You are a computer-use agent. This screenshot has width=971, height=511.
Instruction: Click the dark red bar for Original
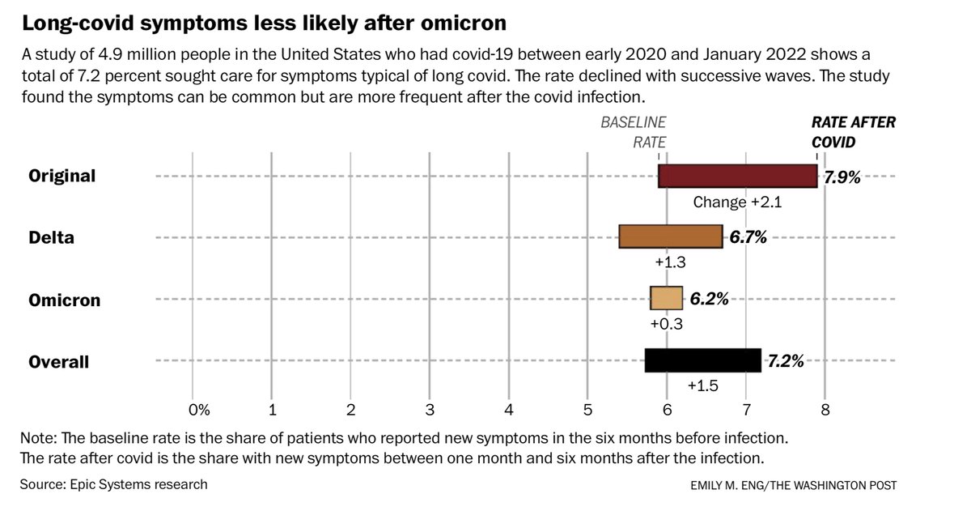tap(738, 176)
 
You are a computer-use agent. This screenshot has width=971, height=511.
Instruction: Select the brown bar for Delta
tap(670, 236)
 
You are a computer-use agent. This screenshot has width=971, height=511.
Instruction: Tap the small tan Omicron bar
tap(666, 298)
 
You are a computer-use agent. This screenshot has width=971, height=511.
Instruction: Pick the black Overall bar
tap(702, 360)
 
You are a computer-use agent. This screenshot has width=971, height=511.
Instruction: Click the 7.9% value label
tap(842, 176)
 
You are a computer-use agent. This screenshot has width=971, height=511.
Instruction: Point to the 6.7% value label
tap(747, 237)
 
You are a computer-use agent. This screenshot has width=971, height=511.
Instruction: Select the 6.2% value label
tap(709, 299)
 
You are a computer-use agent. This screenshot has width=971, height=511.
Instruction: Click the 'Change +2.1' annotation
tap(736, 202)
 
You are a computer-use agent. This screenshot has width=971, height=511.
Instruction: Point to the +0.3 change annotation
tap(666, 325)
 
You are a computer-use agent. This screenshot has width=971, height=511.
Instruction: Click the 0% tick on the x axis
tap(198, 411)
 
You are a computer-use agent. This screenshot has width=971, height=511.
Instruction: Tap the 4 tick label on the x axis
tap(509, 411)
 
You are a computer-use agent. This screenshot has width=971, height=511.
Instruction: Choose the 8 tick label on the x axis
tap(825, 411)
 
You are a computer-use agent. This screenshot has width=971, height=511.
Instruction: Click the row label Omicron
tap(65, 300)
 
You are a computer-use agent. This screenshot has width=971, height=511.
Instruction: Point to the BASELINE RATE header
tap(633, 132)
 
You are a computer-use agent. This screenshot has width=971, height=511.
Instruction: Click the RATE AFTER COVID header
tap(854, 132)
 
